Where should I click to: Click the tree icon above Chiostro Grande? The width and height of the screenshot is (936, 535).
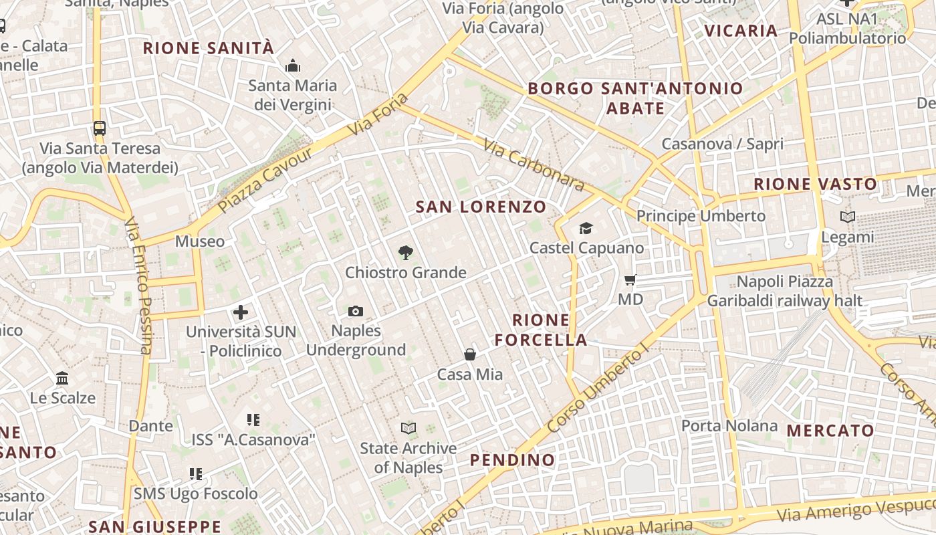click(405, 252)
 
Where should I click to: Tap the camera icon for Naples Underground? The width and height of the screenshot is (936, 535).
click(356, 311)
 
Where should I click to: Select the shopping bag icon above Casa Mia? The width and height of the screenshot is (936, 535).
click(470, 354)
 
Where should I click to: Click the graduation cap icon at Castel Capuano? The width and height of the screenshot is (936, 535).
click(586, 229)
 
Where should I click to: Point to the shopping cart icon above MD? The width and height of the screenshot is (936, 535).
click(630, 280)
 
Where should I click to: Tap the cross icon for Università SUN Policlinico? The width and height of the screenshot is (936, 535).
click(241, 312)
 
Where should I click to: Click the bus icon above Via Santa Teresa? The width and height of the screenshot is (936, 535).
click(100, 128)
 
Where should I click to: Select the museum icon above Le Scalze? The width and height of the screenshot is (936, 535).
click(63, 379)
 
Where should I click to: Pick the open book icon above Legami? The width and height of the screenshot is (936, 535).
click(848, 217)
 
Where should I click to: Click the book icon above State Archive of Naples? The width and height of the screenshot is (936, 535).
click(408, 428)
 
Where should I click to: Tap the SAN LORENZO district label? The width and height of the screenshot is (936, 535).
click(481, 207)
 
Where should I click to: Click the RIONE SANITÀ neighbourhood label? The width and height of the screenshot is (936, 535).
click(209, 48)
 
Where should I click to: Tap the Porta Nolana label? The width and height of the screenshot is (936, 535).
click(729, 426)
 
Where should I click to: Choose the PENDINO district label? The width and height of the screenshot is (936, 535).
click(512, 460)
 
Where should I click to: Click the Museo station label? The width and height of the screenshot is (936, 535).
click(200, 241)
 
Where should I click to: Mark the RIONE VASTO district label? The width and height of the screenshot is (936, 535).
click(815, 184)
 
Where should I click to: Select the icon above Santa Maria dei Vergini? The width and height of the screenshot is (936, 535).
click(293, 66)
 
